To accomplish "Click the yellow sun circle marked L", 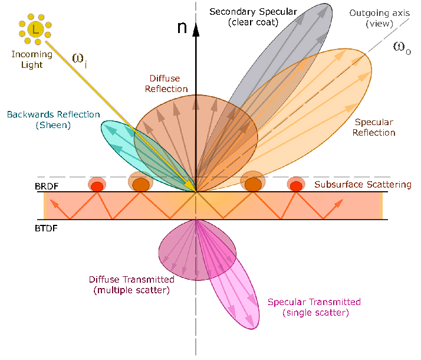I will coord(35,29).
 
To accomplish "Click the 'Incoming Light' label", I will coord(31,60).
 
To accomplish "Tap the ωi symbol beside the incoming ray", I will coord(80,58).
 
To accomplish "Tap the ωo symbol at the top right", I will coord(402,48).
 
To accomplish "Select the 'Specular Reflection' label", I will coord(374,127).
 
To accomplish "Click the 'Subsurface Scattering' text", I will coord(363,185).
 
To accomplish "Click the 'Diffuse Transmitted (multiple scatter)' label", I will coord(131,284).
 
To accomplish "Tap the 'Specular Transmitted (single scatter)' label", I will coord(314,307).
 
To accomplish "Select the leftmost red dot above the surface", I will coord(97,185).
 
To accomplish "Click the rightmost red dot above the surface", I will coord(296,185).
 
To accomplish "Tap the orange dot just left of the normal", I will coord(140,185).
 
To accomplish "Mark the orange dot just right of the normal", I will coord(254,185).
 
